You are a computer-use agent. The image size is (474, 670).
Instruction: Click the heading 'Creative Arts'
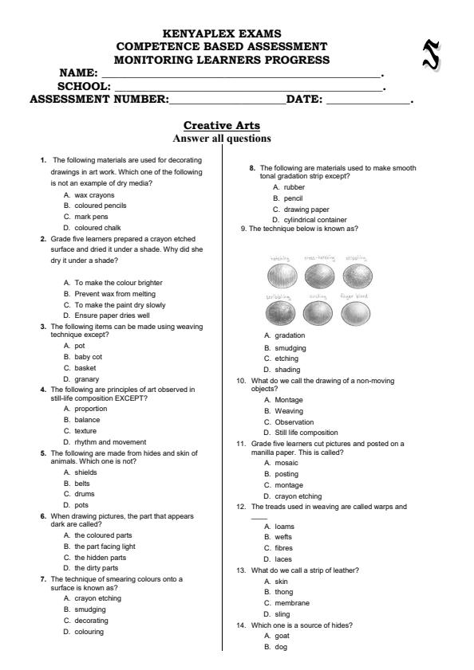point(221,125)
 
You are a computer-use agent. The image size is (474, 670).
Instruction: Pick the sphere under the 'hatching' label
point(280,276)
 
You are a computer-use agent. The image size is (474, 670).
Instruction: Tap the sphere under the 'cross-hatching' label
point(318,276)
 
